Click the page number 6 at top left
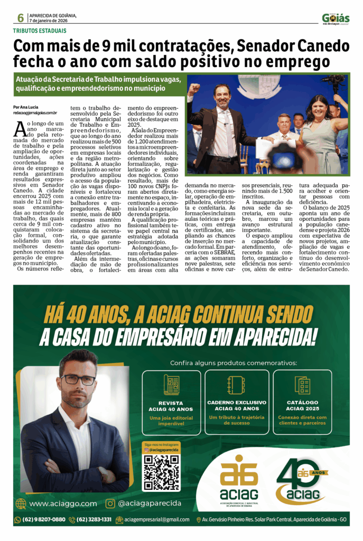click(x=20, y=18)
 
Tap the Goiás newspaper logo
click(x=336, y=18)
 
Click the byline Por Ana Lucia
click(x=25, y=107)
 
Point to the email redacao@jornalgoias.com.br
click(x=35, y=113)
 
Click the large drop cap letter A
click(x=20, y=128)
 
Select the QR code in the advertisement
click(x=161, y=472)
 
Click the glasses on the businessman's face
click(x=78, y=379)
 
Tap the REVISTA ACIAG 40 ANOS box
click(x=171, y=403)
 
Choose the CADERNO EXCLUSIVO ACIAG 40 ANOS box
click(x=236, y=403)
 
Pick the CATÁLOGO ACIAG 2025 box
click(x=302, y=403)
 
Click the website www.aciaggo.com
click(x=62, y=503)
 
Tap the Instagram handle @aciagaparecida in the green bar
click(x=149, y=503)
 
